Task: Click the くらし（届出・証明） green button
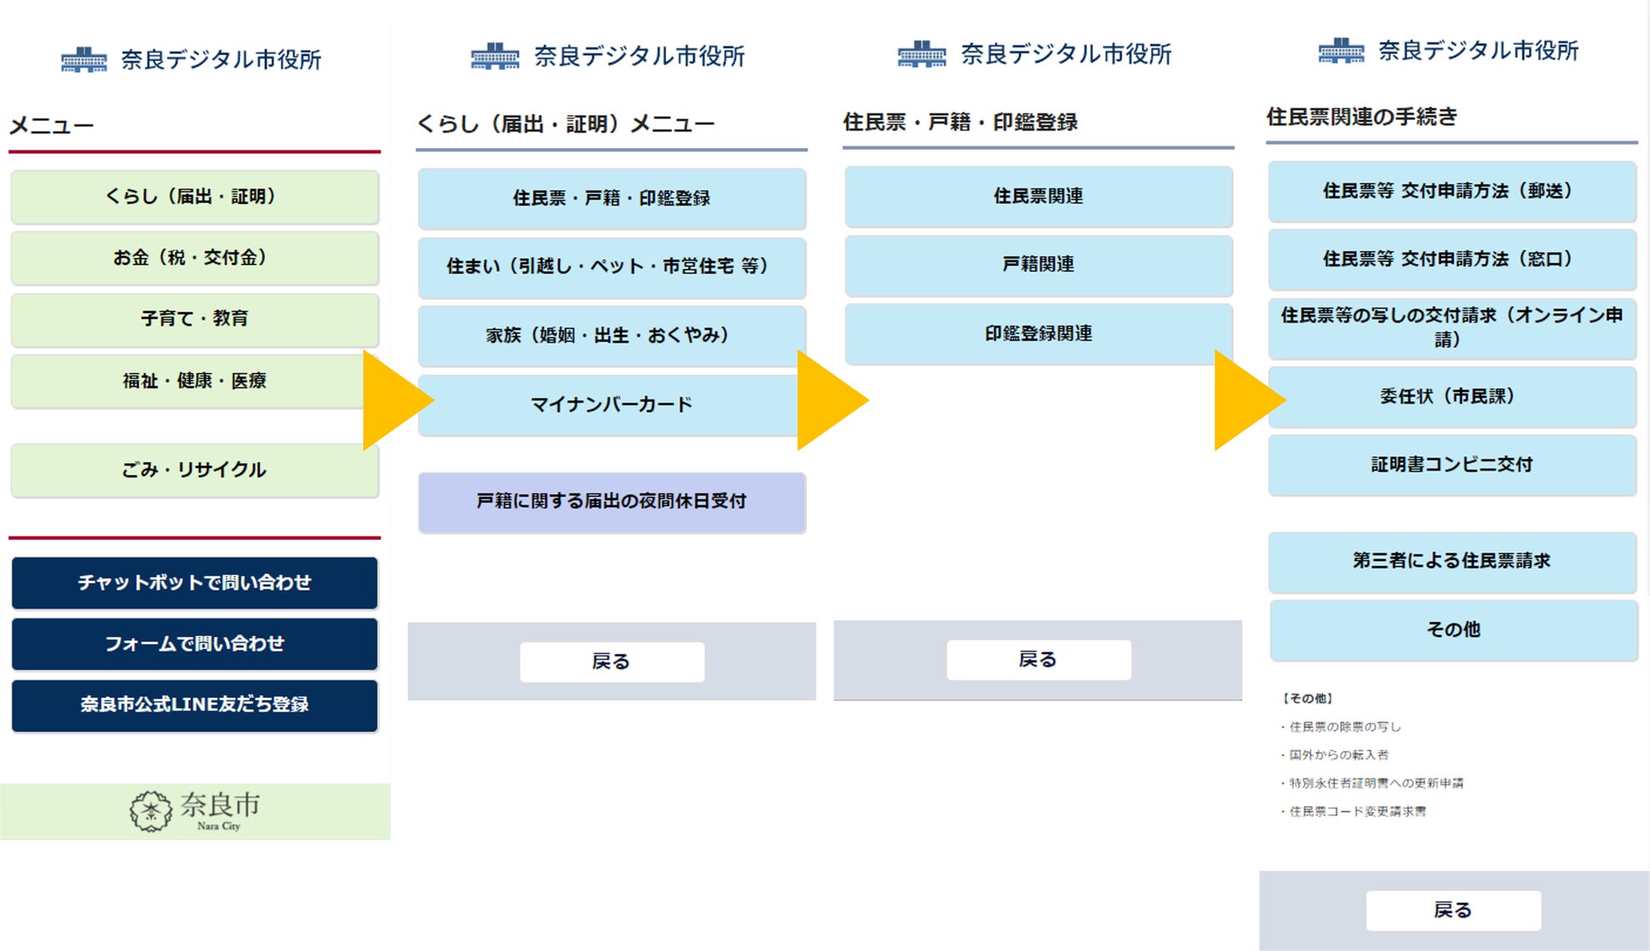click(194, 197)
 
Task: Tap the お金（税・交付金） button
click(194, 258)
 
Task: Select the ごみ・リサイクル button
click(194, 470)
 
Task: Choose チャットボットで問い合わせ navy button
click(194, 583)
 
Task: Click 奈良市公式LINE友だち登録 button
click(194, 705)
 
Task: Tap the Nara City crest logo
click(151, 811)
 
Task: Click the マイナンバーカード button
click(611, 405)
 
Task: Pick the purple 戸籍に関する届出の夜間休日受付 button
click(611, 502)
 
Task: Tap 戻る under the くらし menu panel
click(611, 662)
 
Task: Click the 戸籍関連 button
click(1038, 265)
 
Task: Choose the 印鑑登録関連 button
click(1038, 334)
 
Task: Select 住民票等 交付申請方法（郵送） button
click(1451, 191)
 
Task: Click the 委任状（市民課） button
click(1451, 397)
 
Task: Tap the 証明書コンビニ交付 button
click(1451, 465)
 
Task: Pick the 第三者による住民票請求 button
click(1451, 561)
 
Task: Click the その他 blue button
click(1453, 629)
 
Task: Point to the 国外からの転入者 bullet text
click(1339, 755)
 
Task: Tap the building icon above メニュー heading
click(84, 60)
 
